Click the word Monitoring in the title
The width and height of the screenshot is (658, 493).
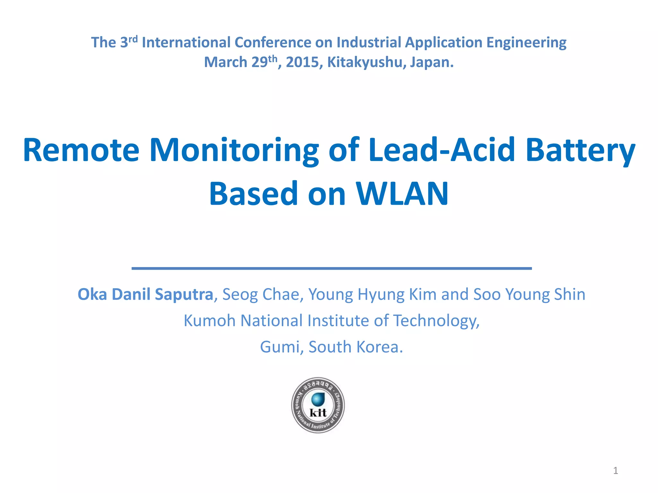(x=234, y=150)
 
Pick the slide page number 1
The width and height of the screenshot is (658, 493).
(x=616, y=471)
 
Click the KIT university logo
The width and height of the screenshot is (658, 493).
(x=318, y=405)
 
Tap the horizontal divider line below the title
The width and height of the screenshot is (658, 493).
(x=332, y=268)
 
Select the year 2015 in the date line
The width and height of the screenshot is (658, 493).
(x=304, y=62)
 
